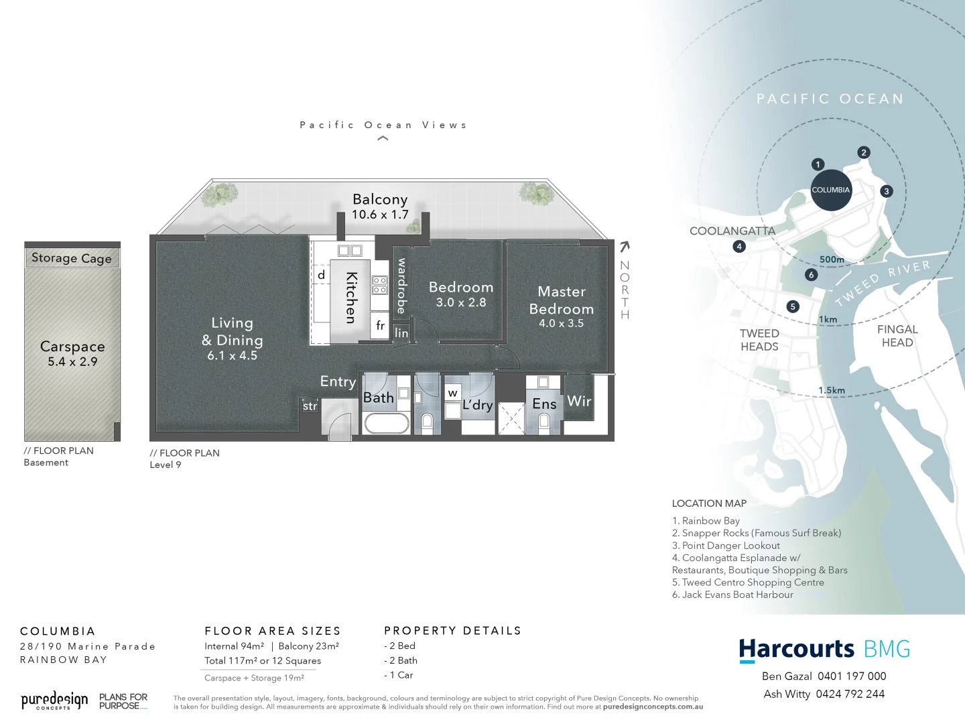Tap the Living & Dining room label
pyautogui.click(x=232, y=339)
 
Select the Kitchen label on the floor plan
pyautogui.click(x=350, y=297)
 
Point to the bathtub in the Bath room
pyautogui.click(x=386, y=424)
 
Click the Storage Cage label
pyautogui.click(x=72, y=258)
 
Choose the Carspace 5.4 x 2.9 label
pyautogui.click(x=72, y=353)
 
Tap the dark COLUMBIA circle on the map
pyautogui.click(x=830, y=190)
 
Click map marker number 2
pyautogui.click(x=864, y=153)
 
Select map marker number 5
pyautogui.click(x=793, y=307)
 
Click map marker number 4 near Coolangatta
pyautogui.click(x=739, y=247)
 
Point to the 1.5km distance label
pyautogui.click(x=832, y=390)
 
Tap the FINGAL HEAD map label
pyautogui.click(x=897, y=336)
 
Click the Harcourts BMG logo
pyautogui.click(x=824, y=650)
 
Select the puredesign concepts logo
pyautogui.click(x=54, y=701)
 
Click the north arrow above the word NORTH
pyautogui.click(x=625, y=247)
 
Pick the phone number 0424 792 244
pyautogui.click(x=850, y=695)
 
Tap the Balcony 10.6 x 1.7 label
pyautogui.click(x=380, y=206)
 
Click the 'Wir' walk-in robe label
pyautogui.click(x=579, y=401)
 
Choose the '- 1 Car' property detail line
pyautogui.click(x=399, y=675)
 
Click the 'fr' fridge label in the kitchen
pyautogui.click(x=380, y=326)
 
